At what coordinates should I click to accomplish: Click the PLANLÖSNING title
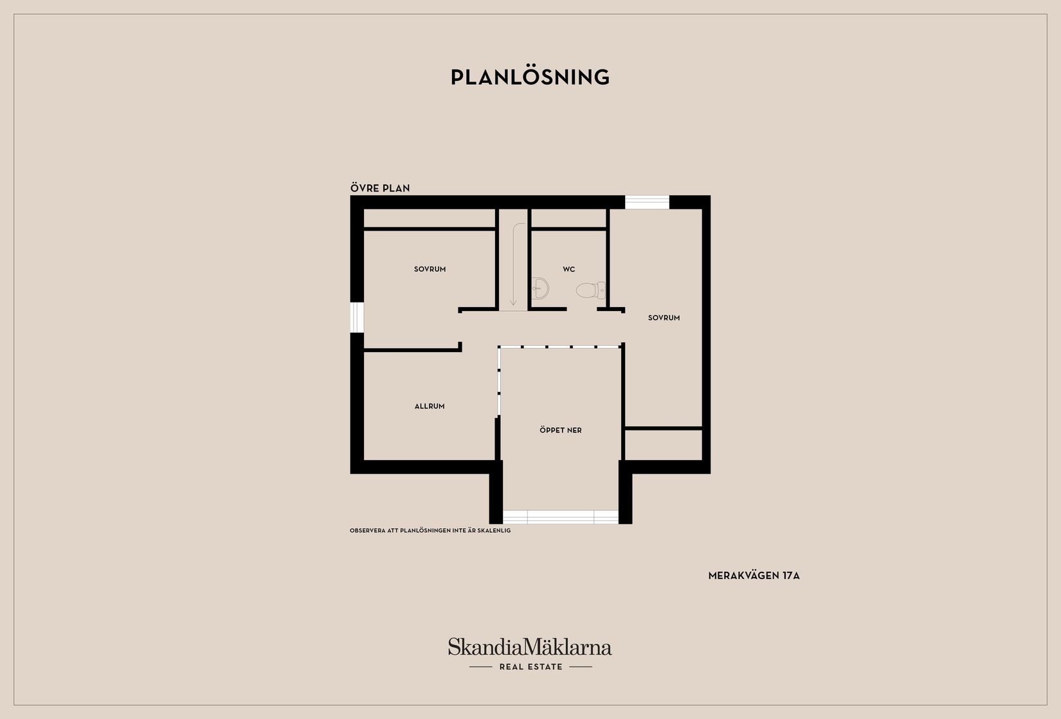point(530,77)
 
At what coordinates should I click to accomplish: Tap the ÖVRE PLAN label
point(380,188)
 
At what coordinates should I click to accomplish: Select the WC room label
point(569,269)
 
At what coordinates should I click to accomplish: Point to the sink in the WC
point(540,288)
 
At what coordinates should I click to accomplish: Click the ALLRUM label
point(430,406)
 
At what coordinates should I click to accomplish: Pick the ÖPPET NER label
point(561,431)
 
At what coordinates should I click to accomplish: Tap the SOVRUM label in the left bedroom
point(430,269)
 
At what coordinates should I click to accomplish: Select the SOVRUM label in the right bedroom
point(664,318)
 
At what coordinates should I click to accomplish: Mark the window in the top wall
point(647,202)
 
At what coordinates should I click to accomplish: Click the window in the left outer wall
point(357,317)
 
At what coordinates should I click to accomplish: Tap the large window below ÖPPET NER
point(561,517)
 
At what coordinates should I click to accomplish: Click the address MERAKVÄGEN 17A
point(754,576)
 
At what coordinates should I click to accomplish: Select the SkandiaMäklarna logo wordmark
point(530,646)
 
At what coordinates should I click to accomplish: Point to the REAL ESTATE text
point(531,667)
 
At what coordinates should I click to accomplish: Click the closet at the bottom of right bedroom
point(664,445)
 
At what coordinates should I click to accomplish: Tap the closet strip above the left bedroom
point(430,218)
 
